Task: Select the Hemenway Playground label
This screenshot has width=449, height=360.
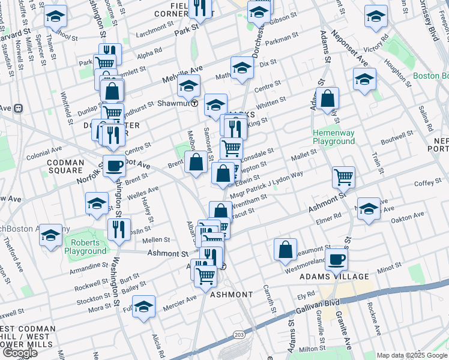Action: coord(333,137)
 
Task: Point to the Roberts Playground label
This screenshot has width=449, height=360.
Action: coord(85,247)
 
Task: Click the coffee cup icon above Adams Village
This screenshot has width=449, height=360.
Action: coord(336,259)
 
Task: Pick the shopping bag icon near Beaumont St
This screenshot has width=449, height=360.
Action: coord(286,249)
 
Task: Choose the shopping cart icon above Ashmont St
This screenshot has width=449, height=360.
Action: coord(343,176)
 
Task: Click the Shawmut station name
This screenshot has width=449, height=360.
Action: coord(173,103)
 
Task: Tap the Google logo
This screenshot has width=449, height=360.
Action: coord(20,353)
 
